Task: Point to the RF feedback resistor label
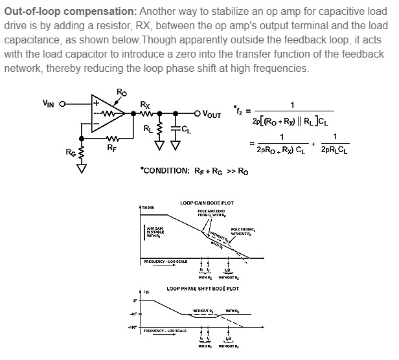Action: pos(112,148)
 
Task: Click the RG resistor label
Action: pos(70,152)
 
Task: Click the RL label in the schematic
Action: pos(148,128)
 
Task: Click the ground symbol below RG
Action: pos(82,168)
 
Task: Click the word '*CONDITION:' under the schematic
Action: pos(165,171)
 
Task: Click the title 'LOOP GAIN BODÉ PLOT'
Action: pos(207,203)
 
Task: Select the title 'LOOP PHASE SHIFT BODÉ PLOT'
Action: pos(202,288)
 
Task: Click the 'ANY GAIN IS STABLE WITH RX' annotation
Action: pos(154,232)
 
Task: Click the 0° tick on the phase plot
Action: pos(135,301)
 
